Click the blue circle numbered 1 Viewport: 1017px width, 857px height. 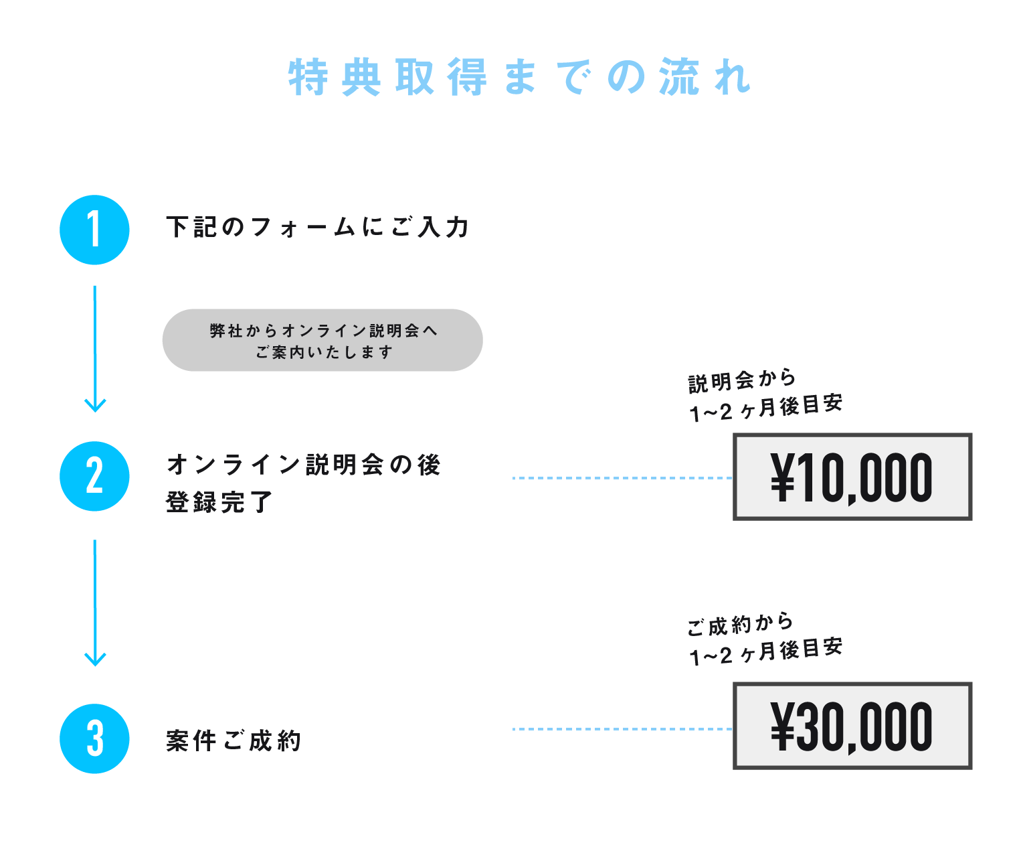(94, 230)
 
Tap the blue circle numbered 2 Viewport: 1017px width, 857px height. (94, 476)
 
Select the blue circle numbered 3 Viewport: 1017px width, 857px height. (94, 738)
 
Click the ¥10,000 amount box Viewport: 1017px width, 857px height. (852, 477)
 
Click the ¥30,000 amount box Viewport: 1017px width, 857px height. (852, 726)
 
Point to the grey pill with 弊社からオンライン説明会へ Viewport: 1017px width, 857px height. (322, 340)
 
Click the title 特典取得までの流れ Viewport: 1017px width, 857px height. (519, 78)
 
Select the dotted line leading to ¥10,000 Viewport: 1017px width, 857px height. (622, 478)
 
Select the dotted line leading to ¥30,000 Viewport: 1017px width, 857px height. (622, 728)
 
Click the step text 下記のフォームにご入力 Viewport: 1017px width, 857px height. (317, 227)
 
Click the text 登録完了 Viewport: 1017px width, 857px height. (219, 501)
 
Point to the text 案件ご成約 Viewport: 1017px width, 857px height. (234, 741)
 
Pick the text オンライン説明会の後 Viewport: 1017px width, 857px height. (304, 464)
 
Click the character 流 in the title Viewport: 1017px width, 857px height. (678, 78)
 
